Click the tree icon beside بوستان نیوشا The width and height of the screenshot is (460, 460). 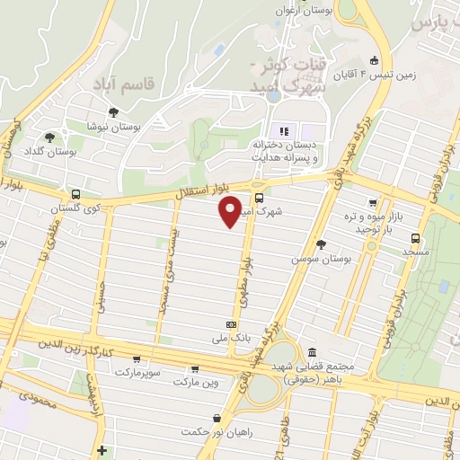[113, 112]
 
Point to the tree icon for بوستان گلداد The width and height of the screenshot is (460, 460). [49, 137]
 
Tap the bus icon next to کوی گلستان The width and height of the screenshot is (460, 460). [75, 194]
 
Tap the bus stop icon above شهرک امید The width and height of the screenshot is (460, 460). [259, 199]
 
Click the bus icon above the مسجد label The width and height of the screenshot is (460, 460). [415, 238]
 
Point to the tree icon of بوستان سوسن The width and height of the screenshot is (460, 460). [321, 243]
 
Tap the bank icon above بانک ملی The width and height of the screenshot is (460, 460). [233, 324]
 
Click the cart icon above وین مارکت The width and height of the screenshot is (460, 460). [195, 368]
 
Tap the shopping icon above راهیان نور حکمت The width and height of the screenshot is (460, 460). [217, 418]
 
